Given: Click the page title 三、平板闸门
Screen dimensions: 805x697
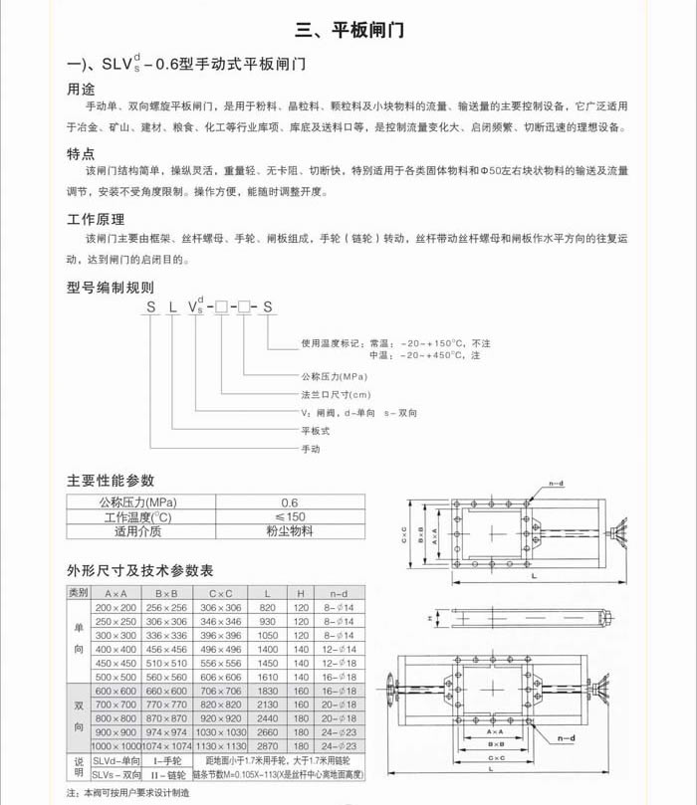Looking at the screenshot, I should (x=348, y=30).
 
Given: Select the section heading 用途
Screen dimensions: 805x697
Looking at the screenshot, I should (x=81, y=88).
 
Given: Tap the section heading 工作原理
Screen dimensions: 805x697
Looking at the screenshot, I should (x=95, y=219).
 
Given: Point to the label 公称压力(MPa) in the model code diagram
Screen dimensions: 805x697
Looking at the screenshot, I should (x=335, y=377).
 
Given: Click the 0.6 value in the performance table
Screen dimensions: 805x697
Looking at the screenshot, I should (x=290, y=503).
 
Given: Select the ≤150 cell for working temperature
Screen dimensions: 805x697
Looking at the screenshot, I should (x=290, y=516).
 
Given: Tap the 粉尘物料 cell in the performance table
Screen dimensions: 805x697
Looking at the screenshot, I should (x=290, y=531).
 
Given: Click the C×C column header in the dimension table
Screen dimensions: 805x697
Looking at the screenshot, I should (x=220, y=593).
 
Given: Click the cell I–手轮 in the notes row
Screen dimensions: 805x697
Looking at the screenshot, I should (x=166, y=759).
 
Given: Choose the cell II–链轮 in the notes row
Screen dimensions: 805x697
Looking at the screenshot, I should (x=166, y=773).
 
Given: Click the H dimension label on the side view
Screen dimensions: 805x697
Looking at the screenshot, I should (x=405, y=618).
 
